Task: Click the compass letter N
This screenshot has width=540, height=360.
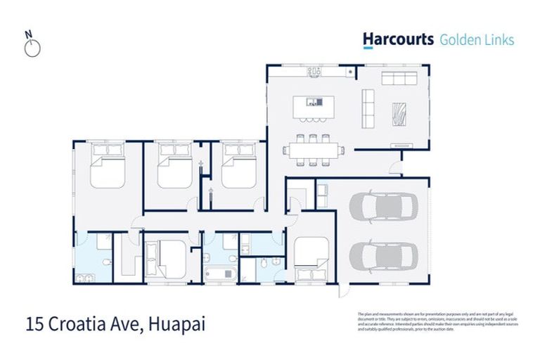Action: tap(28, 33)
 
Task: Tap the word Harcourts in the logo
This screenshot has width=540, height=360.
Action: tap(398, 39)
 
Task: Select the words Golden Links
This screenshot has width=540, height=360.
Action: tap(477, 39)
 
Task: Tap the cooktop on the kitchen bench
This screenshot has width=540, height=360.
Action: tap(314, 71)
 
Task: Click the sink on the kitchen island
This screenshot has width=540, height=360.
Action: tap(319, 102)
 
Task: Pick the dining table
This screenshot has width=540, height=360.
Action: tap(314, 149)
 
